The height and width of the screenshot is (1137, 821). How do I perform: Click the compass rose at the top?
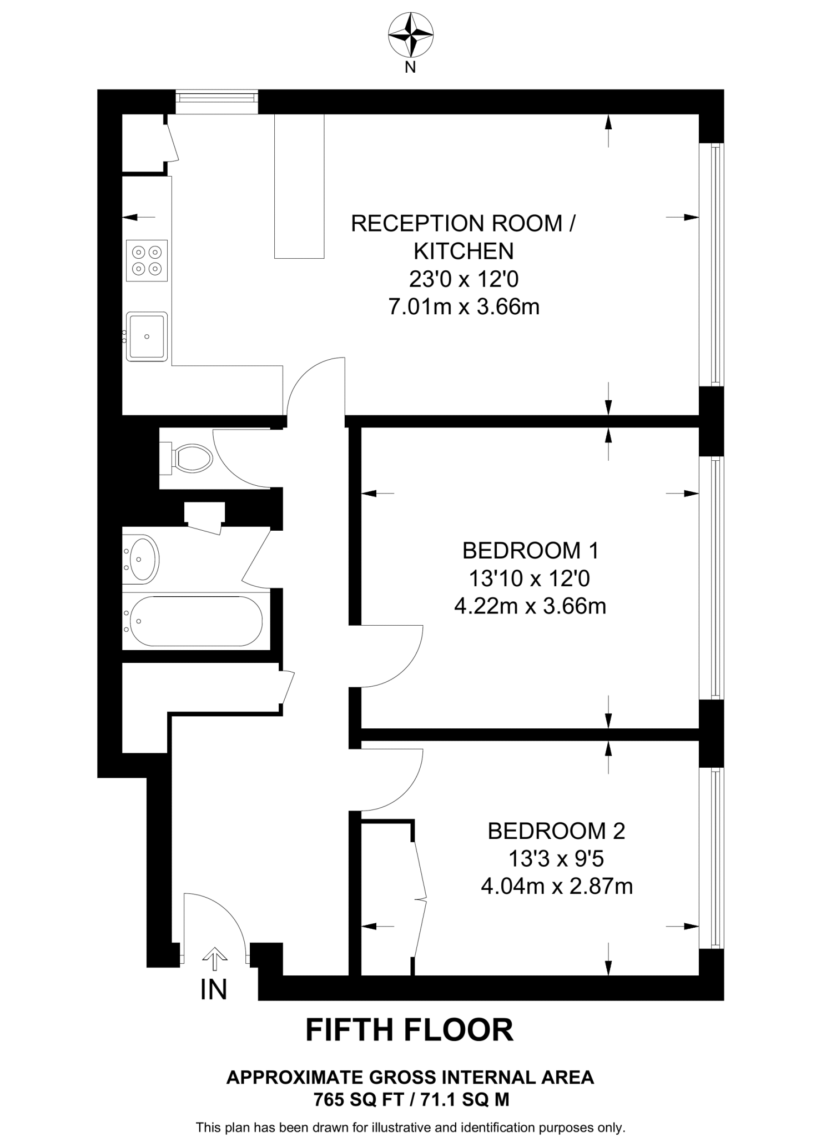coord(410,35)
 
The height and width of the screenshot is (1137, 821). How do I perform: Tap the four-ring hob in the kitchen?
coord(147,260)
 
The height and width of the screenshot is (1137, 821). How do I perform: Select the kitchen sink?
coord(147,336)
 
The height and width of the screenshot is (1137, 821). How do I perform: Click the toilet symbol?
coord(189,458)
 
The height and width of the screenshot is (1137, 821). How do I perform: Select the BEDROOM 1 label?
coord(530,551)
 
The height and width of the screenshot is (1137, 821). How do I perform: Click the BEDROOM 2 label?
coord(556,831)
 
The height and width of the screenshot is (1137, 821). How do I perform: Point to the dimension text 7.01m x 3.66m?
coord(464,306)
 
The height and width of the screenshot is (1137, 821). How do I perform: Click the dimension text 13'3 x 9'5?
coord(556,859)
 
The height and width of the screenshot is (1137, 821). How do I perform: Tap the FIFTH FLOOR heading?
coord(410,1030)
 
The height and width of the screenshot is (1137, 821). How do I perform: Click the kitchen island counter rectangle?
coord(299,186)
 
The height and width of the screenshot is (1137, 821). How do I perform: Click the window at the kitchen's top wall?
coord(217,101)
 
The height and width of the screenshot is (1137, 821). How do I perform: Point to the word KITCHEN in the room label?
coord(464,251)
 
